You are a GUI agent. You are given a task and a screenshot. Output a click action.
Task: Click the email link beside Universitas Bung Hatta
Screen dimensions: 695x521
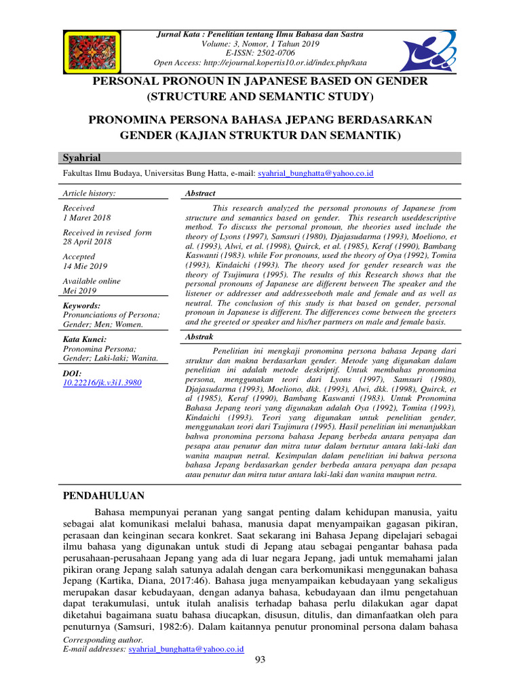point(315,174)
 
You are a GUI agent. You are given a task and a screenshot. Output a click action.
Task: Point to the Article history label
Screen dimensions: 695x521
point(89,193)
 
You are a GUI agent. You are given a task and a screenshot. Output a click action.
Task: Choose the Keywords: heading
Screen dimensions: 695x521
point(81,306)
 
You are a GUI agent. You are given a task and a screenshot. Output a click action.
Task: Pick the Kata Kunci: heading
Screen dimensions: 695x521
point(84,339)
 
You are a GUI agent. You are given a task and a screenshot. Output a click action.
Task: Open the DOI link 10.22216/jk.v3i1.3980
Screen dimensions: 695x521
point(102,383)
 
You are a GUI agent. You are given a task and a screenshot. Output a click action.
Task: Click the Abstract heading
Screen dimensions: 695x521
point(200,193)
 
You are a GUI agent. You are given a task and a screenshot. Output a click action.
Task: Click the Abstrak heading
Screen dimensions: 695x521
point(199,337)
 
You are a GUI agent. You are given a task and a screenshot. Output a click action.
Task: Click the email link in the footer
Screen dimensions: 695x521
point(186,649)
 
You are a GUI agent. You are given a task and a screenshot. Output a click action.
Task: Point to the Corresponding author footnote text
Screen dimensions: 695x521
point(102,639)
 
